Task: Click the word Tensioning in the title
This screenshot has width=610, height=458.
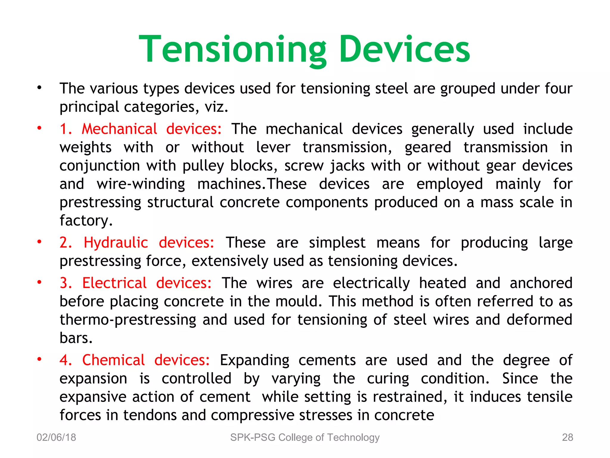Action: coord(233,49)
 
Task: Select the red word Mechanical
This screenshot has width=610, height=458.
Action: coord(119,129)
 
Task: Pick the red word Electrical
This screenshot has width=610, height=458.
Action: coord(114,283)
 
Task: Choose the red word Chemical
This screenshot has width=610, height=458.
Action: coord(113,360)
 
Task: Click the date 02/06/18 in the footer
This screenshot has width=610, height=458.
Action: coord(56,437)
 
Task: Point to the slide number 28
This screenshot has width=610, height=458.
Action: coord(567,437)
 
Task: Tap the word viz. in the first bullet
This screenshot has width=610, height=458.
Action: coord(216,107)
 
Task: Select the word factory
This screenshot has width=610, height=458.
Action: coord(86,221)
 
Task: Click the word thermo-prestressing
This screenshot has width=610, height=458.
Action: coord(128,320)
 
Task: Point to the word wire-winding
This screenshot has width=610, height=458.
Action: coord(141,184)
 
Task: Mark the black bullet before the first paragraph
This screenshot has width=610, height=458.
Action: coord(39,88)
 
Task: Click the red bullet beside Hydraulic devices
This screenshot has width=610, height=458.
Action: coord(39,242)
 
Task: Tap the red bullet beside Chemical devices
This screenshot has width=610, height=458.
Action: coord(39,359)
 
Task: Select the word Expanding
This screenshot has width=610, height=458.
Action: coord(254,360)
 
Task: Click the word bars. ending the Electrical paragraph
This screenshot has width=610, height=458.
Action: coord(76,338)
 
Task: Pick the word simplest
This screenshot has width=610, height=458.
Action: coord(337,243)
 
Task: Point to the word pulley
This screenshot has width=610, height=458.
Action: coord(203,166)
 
